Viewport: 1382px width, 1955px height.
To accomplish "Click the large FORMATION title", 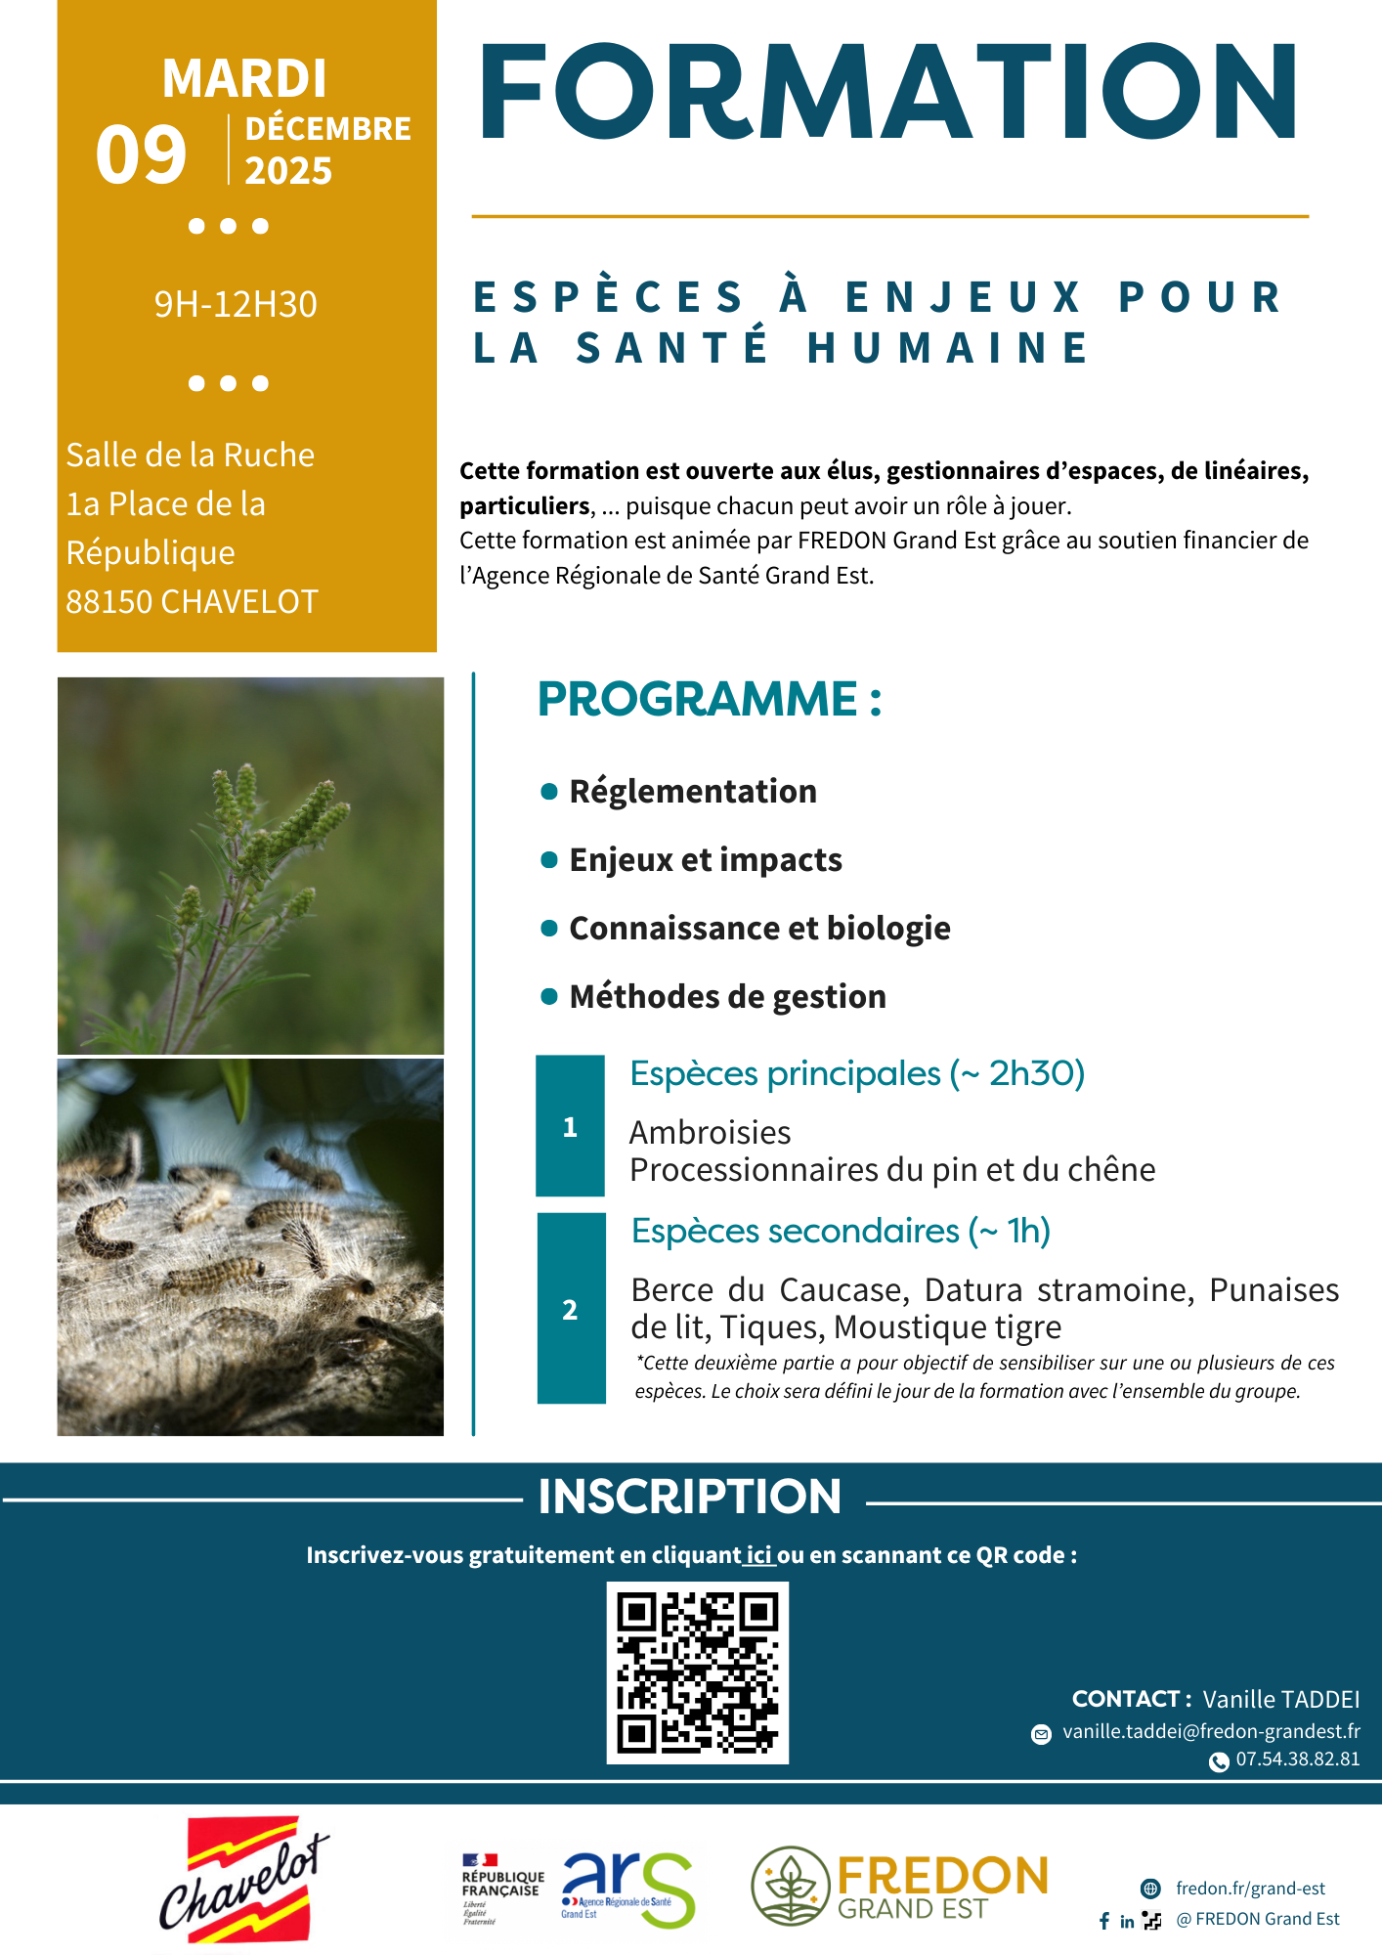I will click(887, 93).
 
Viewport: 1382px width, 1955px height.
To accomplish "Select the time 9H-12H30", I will click(236, 305).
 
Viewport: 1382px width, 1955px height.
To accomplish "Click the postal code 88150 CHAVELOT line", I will click(192, 602).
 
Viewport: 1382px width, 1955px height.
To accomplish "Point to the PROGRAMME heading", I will click(709, 700).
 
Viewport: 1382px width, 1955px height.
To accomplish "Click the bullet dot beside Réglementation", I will click(549, 791).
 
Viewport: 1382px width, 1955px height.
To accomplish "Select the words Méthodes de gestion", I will click(727, 997).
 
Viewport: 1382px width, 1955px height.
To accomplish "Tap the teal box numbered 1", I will click(570, 1126).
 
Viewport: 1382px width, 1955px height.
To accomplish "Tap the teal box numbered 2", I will click(571, 1309).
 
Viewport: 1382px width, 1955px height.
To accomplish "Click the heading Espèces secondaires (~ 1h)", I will click(841, 1232).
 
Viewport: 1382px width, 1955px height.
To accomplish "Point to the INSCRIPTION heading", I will click(689, 1497).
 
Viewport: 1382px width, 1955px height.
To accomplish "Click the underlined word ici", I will click(759, 1555).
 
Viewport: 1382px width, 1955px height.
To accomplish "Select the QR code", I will click(697, 1673).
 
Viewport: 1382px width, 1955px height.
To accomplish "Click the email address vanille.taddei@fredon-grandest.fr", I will click(1211, 1731).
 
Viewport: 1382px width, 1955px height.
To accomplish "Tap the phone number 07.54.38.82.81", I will click(1297, 1759).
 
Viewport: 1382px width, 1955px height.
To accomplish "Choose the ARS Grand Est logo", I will click(627, 1889).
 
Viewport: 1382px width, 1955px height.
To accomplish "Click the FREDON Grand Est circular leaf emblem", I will click(790, 1886).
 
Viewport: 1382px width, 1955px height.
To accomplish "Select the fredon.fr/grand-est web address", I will click(1250, 1889).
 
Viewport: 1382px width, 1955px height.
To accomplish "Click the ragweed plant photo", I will click(250, 865).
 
